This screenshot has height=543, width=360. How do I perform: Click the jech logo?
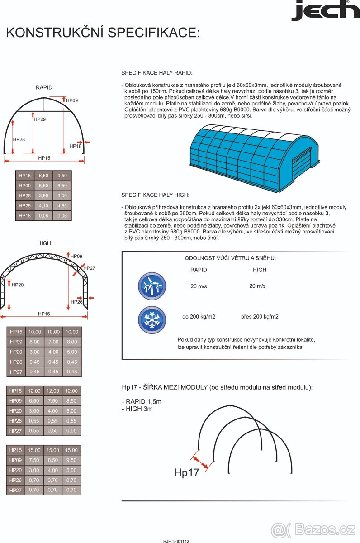coord(325,11)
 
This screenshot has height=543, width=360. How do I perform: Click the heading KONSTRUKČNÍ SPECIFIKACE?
coord(103,33)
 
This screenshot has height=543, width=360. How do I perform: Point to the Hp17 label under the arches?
coord(186,473)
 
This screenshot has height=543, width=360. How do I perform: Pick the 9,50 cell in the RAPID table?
coord(62,176)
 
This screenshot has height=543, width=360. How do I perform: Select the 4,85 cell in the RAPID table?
coord(62,206)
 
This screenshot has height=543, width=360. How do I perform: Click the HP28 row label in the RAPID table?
coord(24,196)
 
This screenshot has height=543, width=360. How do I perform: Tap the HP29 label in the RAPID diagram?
coord(40,119)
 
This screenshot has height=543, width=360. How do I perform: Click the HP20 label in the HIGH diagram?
coord(18,285)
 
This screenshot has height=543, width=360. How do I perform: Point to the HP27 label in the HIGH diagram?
coord(89,268)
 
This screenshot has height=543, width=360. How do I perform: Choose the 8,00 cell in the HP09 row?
coord(71,342)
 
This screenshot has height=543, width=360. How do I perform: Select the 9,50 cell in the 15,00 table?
coord(71,460)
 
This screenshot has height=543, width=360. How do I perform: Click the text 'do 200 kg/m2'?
coord(199,317)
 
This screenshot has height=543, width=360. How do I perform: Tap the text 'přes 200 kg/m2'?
coord(260,317)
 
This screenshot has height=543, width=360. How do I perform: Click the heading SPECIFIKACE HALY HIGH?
coord(155,195)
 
